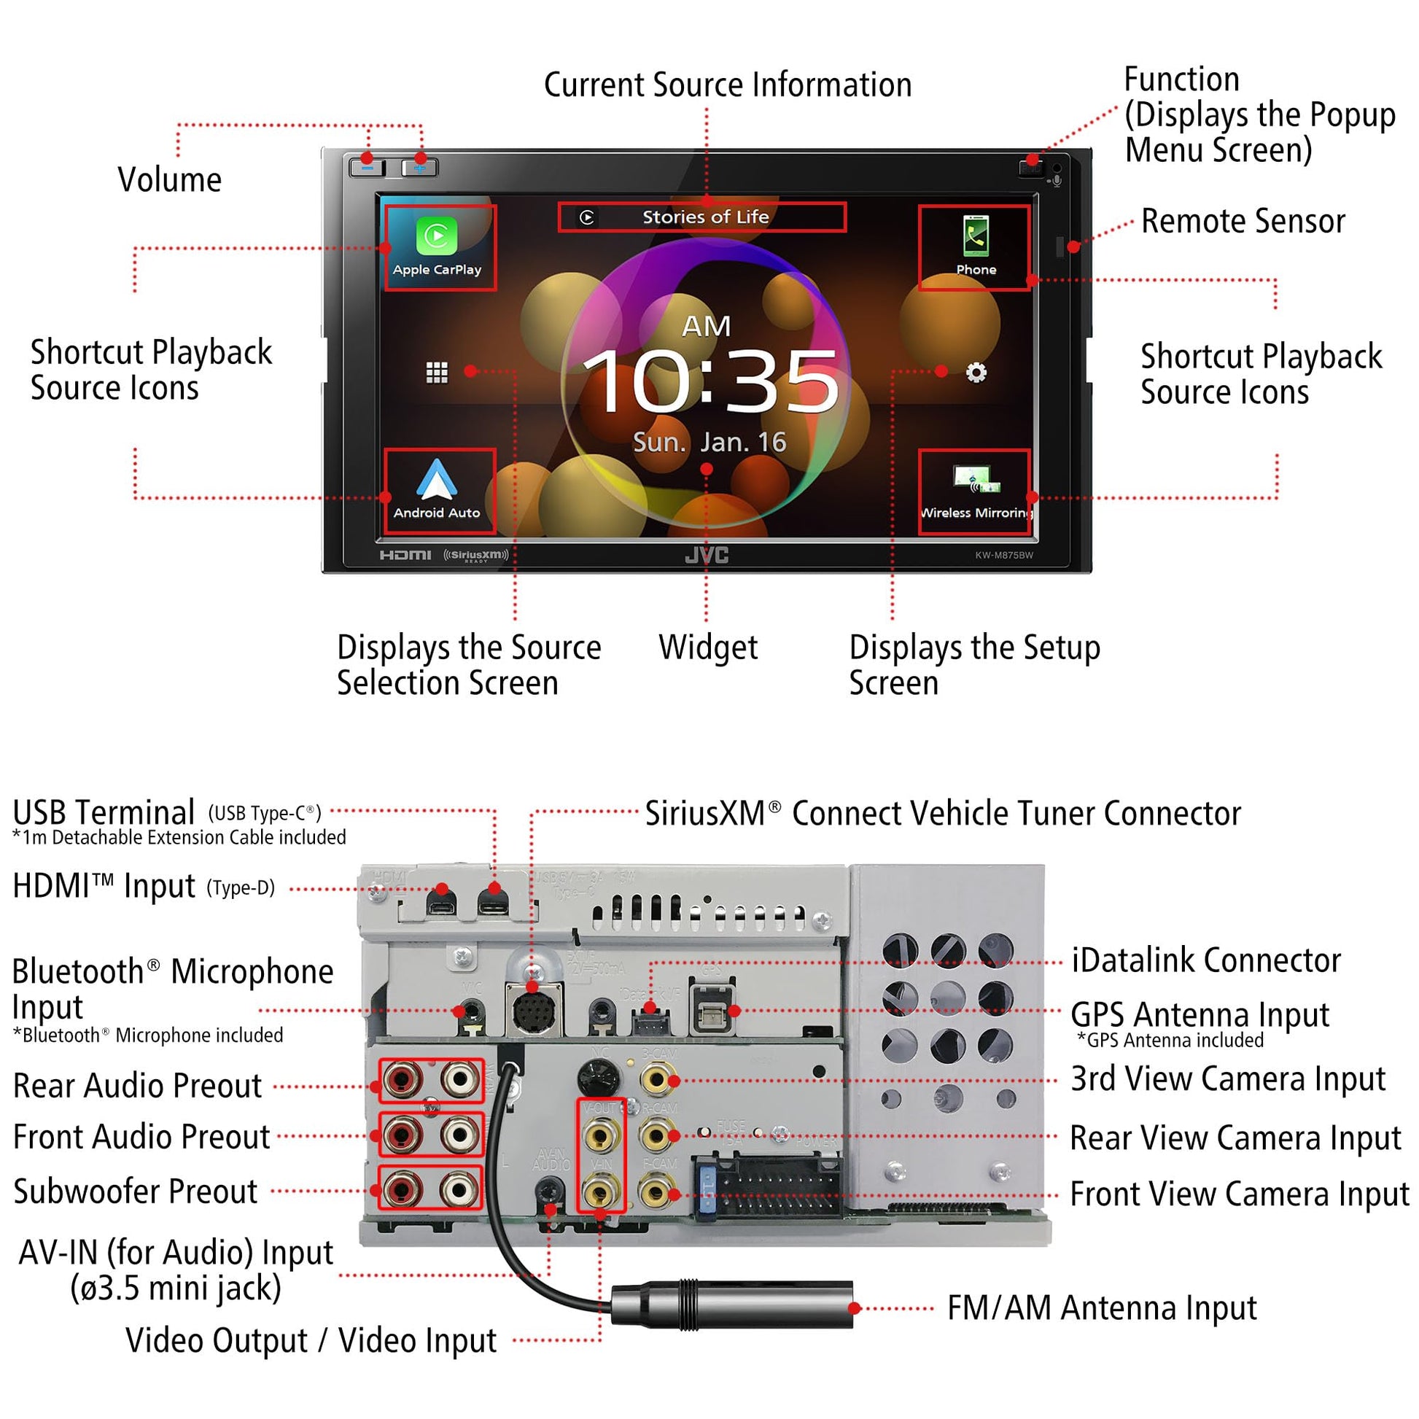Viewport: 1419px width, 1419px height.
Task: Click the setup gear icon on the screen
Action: tap(976, 373)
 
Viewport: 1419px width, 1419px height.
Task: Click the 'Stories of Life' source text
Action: tap(705, 217)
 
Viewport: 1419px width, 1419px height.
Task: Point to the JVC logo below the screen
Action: tap(707, 555)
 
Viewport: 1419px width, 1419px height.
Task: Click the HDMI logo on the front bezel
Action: tap(405, 555)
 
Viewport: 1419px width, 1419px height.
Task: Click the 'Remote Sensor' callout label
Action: tap(1243, 221)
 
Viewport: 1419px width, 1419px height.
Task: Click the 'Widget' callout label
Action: tap(708, 648)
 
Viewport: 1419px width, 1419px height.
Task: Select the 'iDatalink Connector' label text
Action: tap(1206, 960)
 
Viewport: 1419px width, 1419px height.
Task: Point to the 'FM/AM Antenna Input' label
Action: tap(1102, 1308)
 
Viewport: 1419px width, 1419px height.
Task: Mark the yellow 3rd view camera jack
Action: tap(655, 1080)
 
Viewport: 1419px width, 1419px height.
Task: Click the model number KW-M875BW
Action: tap(1003, 555)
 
